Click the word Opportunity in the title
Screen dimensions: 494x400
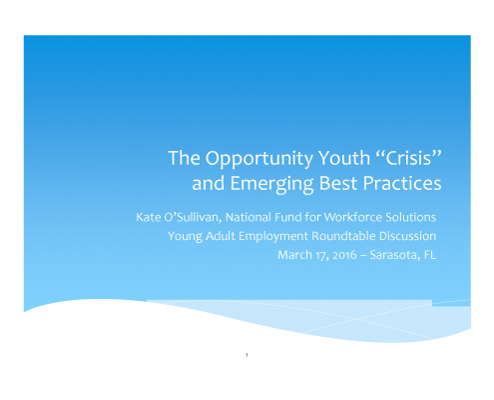point(259,159)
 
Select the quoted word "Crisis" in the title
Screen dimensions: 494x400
point(410,157)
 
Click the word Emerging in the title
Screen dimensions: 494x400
point(271,184)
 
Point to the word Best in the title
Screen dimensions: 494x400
point(338,183)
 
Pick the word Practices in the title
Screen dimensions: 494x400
point(402,183)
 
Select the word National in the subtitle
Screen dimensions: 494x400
point(248,217)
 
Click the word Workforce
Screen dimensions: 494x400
point(353,217)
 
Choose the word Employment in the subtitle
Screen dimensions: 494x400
point(273,237)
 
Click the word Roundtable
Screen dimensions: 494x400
point(343,236)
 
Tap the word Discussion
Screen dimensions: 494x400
point(407,236)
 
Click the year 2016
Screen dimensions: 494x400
point(344,255)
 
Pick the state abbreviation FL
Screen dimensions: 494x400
point(430,255)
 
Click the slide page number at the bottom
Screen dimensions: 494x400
point(247,355)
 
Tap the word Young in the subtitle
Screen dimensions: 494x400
point(185,237)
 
